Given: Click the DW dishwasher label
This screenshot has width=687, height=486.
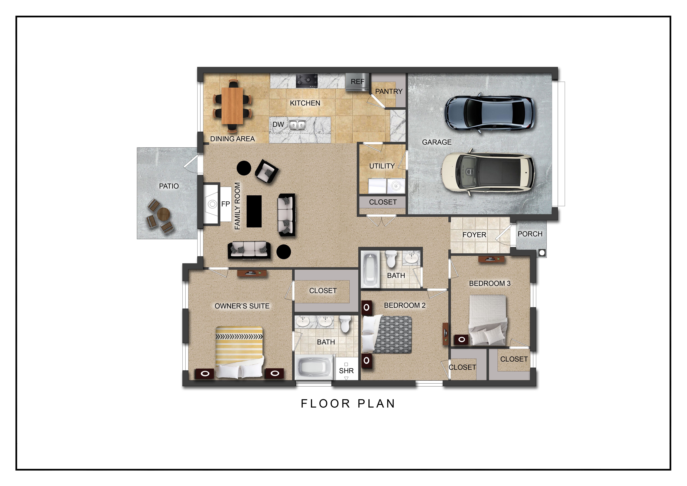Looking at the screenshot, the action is (278, 124).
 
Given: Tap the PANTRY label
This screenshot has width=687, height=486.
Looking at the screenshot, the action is (389, 91).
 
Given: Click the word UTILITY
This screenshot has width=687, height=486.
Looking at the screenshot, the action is (382, 166).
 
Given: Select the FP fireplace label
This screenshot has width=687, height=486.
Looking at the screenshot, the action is (226, 204).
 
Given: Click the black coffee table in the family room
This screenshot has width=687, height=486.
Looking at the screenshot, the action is (254, 211).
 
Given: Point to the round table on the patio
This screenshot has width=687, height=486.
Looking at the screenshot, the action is (164, 214).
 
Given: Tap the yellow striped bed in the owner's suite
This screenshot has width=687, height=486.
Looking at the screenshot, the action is (240, 352).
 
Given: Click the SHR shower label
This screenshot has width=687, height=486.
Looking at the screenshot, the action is (346, 371).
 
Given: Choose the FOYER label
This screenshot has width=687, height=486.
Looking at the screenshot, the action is (474, 235).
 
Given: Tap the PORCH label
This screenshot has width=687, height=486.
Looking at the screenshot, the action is (530, 234).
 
